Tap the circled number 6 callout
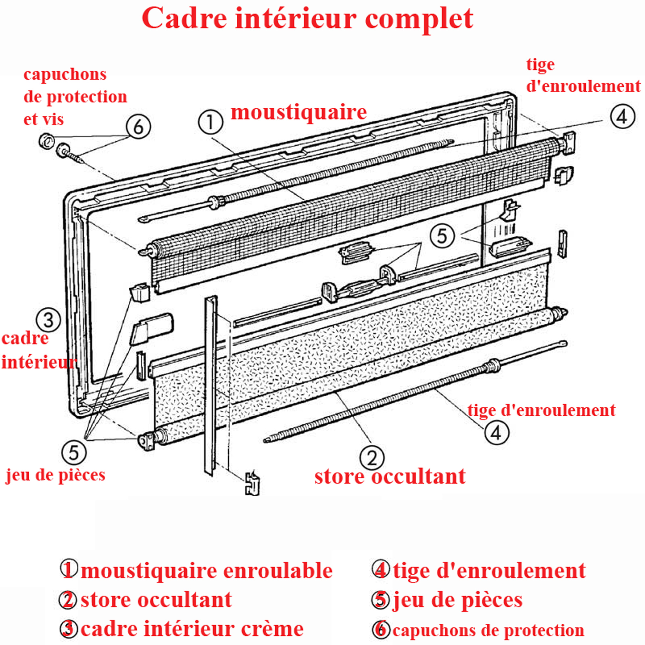pos(138,127)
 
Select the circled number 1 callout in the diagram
pos(210,123)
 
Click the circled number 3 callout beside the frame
pos(48,320)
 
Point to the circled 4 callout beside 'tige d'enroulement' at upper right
pos(622,117)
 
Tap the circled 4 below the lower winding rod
pos(497,433)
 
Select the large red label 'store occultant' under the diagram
pos(390,477)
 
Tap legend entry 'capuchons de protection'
pos(488,630)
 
